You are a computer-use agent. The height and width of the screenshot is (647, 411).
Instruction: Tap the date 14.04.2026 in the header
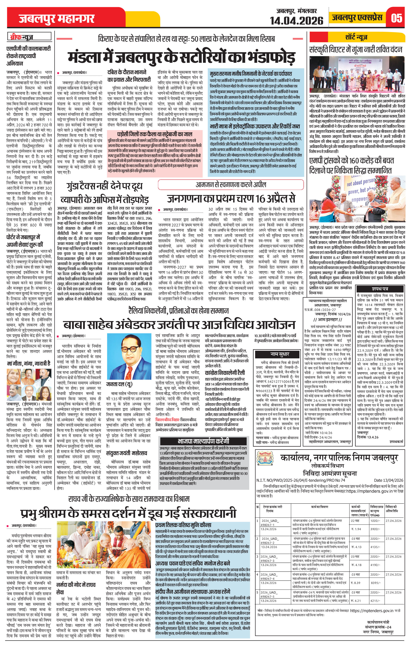[x=296, y=20]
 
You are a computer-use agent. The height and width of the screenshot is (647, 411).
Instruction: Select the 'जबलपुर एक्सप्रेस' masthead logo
[x=357, y=18]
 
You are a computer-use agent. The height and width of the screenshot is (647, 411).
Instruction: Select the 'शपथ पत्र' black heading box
[x=380, y=289]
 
